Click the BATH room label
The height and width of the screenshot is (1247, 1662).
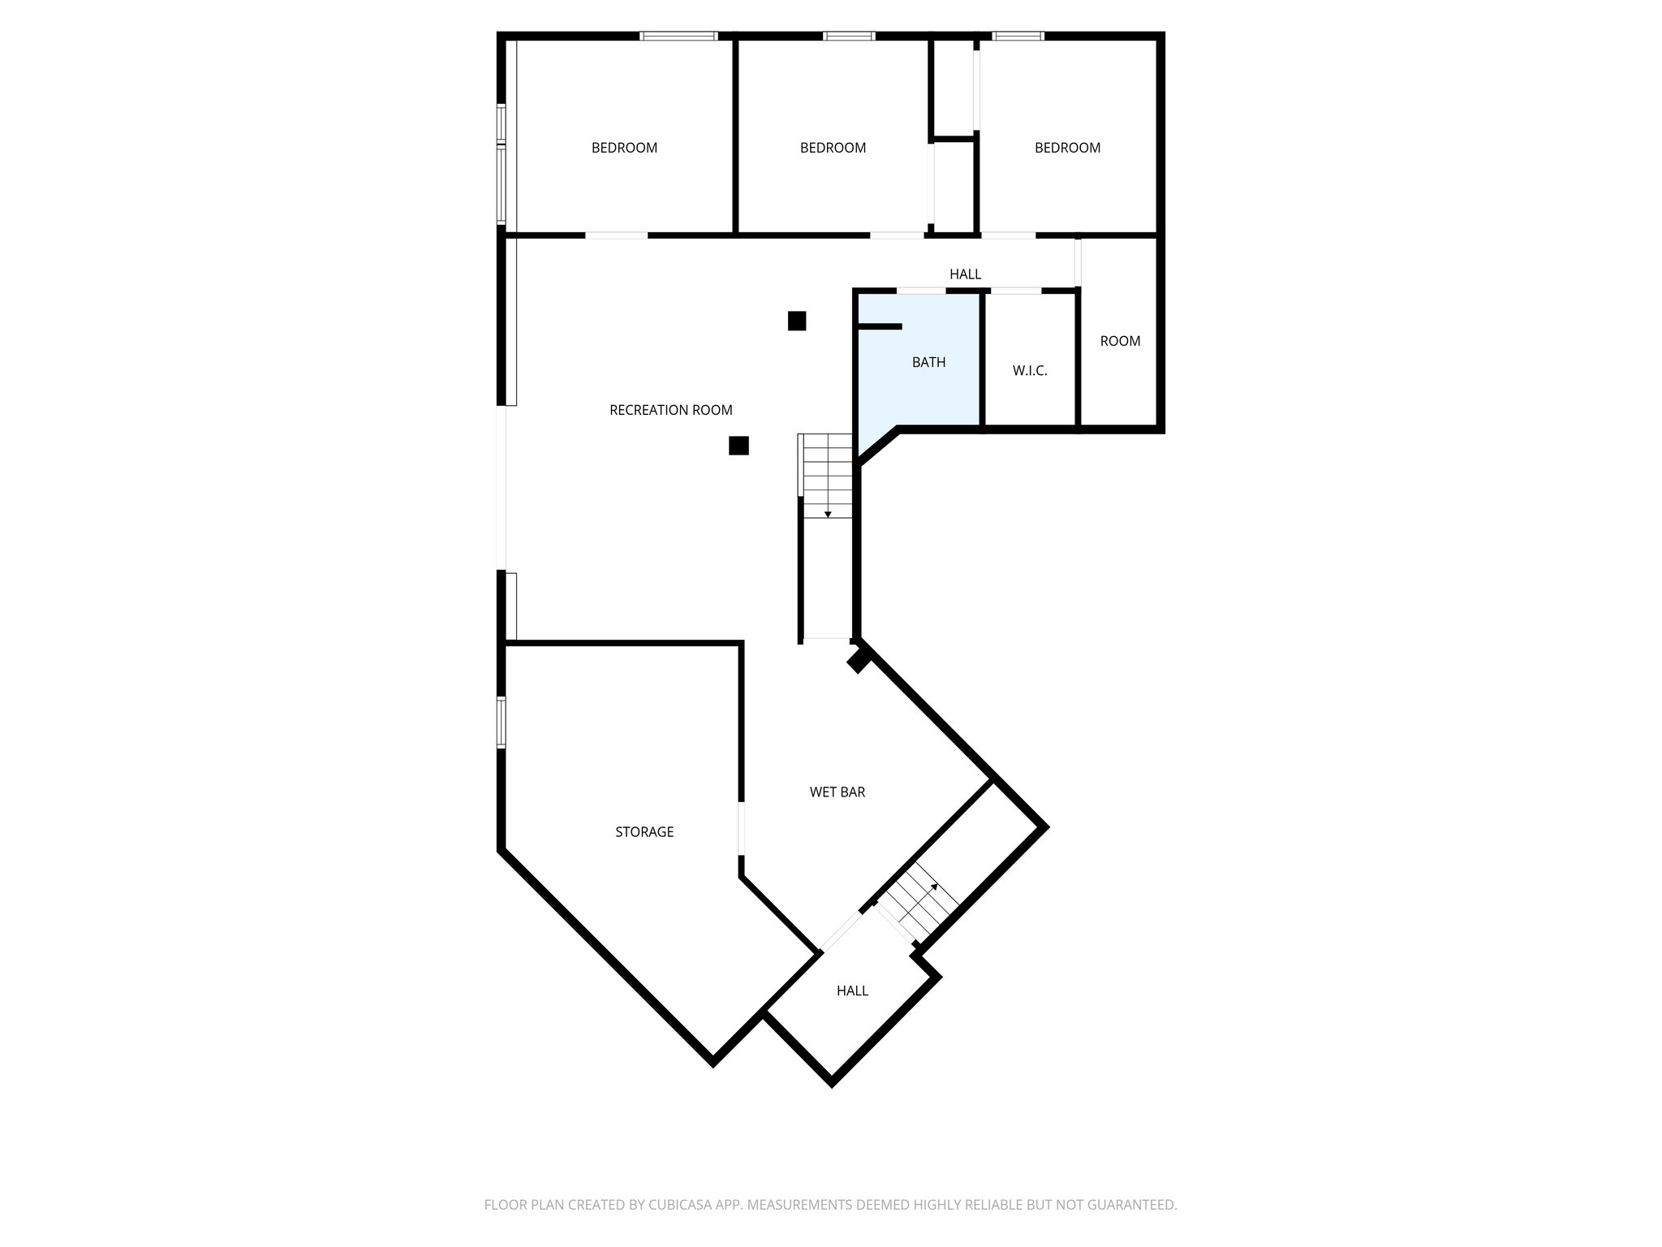(928, 362)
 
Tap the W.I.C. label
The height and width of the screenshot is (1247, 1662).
(1030, 371)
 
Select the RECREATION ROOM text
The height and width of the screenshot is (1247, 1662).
(670, 410)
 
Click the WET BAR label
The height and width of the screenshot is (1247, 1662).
(837, 792)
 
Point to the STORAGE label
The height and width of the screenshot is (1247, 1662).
(644, 831)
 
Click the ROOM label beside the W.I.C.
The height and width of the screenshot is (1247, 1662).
(1120, 341)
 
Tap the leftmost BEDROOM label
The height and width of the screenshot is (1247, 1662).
(624, 148)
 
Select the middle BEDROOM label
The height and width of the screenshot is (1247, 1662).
(833, 148)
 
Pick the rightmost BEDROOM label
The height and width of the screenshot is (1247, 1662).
(1067, 148)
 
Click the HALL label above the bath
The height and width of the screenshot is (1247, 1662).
(965, 274)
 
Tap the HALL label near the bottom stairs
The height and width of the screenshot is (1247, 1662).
(852, 990)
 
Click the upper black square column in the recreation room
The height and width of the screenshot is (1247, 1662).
(797, 321)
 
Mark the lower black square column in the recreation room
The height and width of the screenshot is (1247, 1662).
(738, 446)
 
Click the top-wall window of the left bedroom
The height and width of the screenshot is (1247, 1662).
(678, 36)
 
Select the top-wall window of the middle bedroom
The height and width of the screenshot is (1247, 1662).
(849, 36)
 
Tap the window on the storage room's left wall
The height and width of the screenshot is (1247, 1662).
(502, 722)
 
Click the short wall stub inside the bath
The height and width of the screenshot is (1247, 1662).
(880, 326)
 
